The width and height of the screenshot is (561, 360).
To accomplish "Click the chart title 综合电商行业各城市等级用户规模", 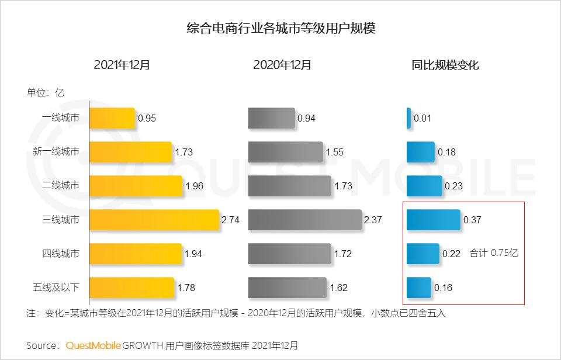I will pyautogui.click(x=280, y=28).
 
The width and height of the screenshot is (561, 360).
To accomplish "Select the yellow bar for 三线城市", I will pyautogui.click(x=154, y=220).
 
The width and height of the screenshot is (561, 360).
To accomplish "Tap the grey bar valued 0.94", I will pyautogui.click(x=271, y=118).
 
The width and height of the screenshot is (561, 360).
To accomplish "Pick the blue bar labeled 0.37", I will pyautogui.click(x=433, y=220).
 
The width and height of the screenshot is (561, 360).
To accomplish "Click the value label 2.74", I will pyautogui.click(x=230, y=220).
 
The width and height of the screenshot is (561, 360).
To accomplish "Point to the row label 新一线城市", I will pyautogui.click(x=56, y=152).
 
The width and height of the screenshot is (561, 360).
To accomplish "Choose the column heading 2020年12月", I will pyautogui.click(x=282, y=65).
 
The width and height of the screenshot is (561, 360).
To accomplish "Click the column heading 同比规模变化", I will pyautogui.click(x=445, y=65).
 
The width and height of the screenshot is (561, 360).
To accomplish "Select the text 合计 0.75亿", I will pyautogui.click(x=494, y=254).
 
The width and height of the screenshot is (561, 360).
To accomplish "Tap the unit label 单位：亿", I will pyautogui.click(x=45, y=92).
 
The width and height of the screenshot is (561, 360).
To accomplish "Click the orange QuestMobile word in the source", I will pyautogui.click(x=93, y=345).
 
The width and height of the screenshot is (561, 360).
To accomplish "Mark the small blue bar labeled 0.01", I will pyautogui.click(x=408, y=118).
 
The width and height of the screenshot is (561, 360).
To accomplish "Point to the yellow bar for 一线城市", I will pyautogui.click(x=112, y=118).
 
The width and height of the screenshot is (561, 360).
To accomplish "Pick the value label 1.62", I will pyautogui.click(x=338, y=288).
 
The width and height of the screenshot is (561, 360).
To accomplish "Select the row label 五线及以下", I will pyautogui.click(x=56, y=288).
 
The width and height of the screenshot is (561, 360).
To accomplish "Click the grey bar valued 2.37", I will pyautogui.click(x=304, y=220).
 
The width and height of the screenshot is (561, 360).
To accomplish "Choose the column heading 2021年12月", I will pyautogui.click(x=122, y=65).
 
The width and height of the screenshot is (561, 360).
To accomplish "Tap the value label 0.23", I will pyautogui.click(x=453, y=186).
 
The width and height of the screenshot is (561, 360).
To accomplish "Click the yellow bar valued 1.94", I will pyautogui.click(x=135, y=254).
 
